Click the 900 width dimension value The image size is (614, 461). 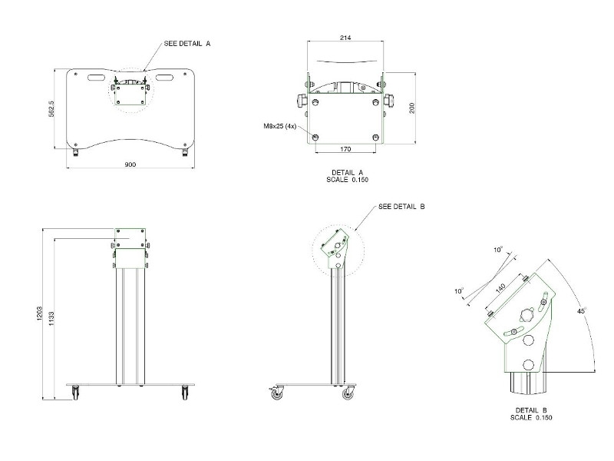point(130,164)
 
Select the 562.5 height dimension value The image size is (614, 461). point(51,109)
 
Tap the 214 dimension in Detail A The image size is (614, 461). point(345,38)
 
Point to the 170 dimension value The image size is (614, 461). point(345,149)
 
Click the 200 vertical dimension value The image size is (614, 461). point(412,108)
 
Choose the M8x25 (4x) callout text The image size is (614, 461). point(280,126)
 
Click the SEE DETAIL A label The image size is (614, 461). point(187,44)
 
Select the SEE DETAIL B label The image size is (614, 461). point(401,207)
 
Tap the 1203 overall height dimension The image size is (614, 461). point(39,313)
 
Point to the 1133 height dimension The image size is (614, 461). point(51,320)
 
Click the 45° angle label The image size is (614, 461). point(582,311)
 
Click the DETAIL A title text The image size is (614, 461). point(348,172)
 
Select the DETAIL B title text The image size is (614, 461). point(531,410)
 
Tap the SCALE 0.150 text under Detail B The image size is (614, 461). point(531,418)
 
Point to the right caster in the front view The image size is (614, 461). point(185,392)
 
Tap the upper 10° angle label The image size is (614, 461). point(497,250)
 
